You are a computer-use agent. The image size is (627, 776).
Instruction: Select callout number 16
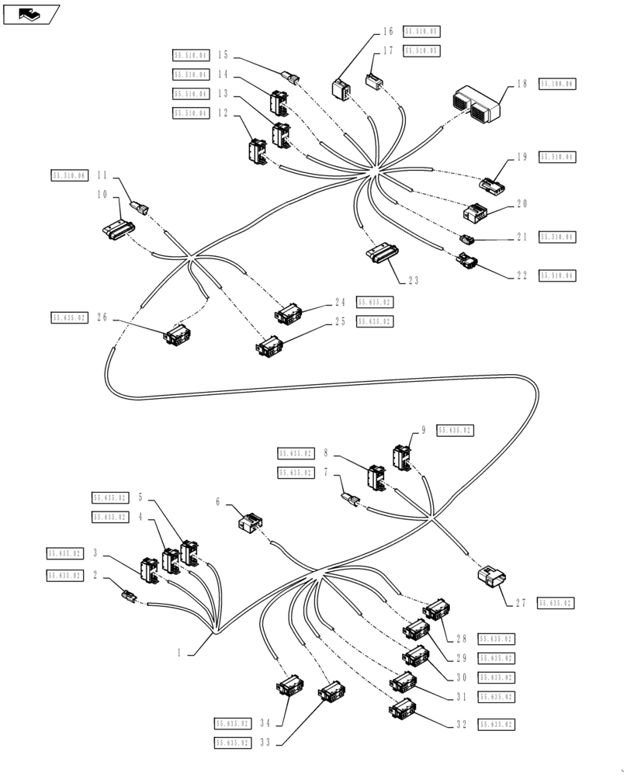(x=388, y=33)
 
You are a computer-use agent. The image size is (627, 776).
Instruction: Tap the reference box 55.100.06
(x=558, y=84)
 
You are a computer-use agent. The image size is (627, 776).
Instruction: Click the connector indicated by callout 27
(x=490, y=578)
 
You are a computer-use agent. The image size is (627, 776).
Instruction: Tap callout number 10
(x=102, y=195)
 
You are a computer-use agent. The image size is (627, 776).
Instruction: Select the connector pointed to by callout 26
(x=177, y=335)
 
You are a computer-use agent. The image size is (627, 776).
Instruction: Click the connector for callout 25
(x=270, y=345)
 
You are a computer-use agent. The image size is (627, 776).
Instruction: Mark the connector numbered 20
(x=475, y=212)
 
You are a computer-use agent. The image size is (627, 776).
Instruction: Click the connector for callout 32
(x=404, y=708)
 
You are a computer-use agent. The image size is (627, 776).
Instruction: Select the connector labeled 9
(x=403, y=458)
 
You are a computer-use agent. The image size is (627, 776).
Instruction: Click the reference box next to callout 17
(x=421, y=51)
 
